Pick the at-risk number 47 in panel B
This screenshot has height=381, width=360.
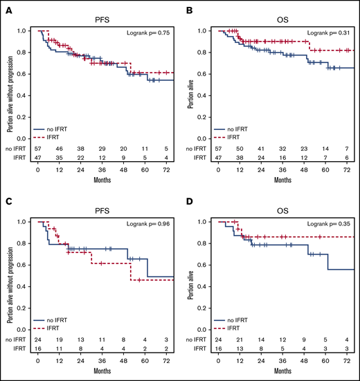[x=219, y=158]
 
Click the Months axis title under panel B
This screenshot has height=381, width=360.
[x=284, y=181]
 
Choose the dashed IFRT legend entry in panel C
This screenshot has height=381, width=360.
[x=58, y=328]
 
